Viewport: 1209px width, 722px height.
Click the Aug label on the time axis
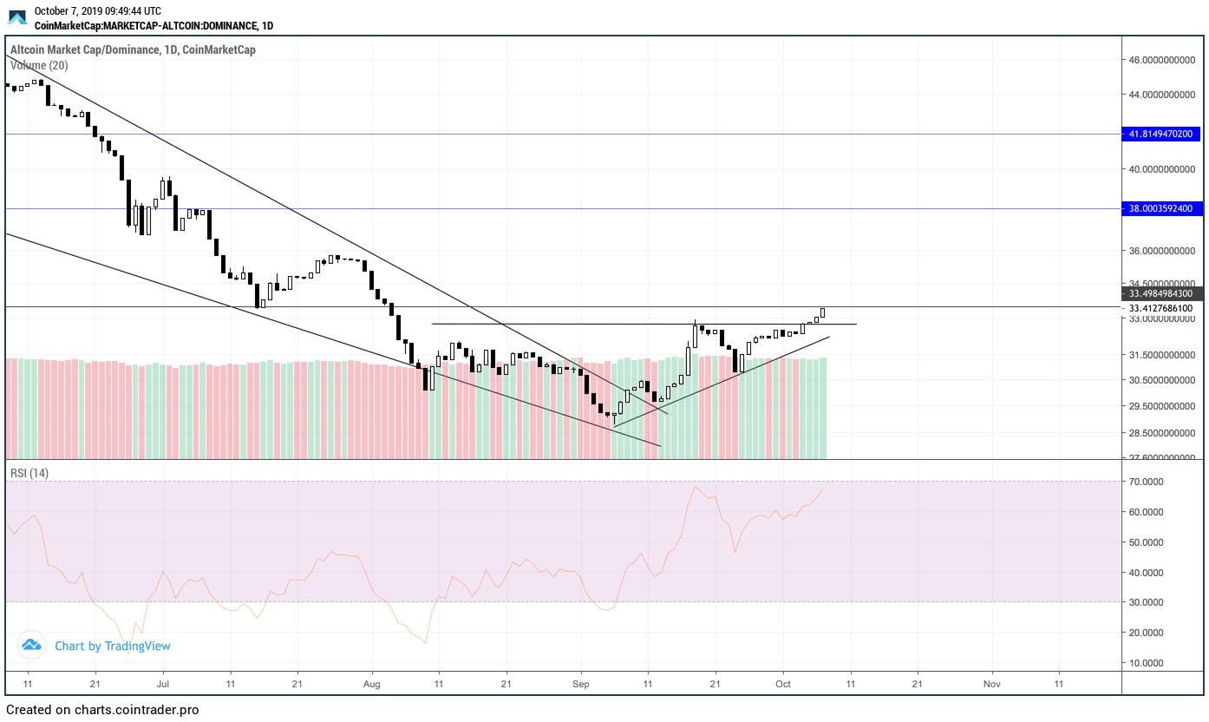[371, 683]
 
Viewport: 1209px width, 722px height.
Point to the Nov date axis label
[992, 683]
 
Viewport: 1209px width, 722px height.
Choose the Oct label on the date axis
[783, 683]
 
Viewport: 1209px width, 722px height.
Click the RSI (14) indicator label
[29, 473]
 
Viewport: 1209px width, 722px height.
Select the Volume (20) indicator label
[39, 65]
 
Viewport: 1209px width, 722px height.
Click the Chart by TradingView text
[113, 646]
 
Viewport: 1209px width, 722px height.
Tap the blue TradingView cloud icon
[31, 645]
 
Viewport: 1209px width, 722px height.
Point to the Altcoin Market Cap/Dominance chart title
[133, 49]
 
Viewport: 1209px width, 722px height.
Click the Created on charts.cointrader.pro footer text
[101, 710]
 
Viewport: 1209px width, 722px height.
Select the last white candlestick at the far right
[822, 313]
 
